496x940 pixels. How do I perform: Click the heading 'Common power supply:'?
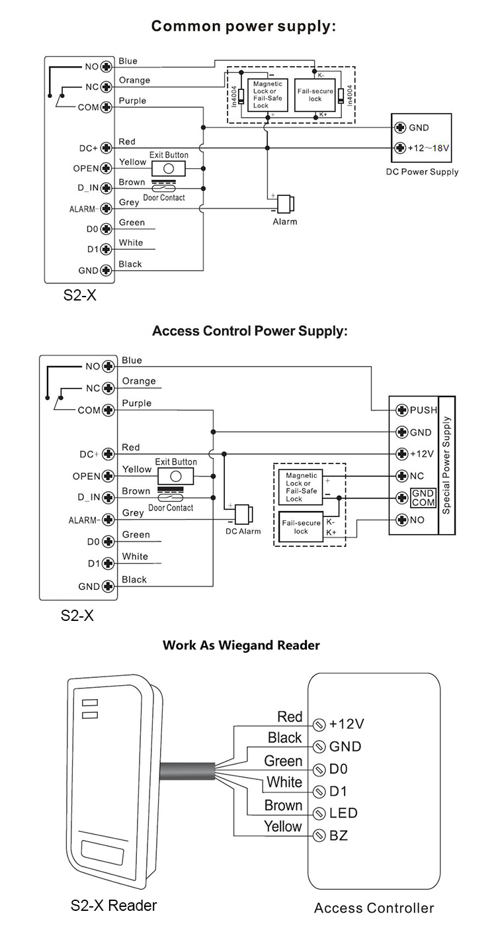click(244, 26)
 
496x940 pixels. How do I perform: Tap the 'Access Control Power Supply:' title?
click(249, 331)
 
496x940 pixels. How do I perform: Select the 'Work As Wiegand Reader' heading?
click(241, 644)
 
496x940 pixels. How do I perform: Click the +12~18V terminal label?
click(429, 148)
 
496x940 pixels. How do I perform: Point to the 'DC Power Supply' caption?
click(422, 171)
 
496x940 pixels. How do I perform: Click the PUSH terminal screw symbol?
click(400, 410)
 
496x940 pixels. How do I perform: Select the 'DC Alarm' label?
click(243, 531)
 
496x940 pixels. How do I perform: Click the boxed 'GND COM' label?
click(423, 498)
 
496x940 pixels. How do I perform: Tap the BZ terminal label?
click(338, 835)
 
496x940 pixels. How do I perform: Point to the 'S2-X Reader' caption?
click(114, 905)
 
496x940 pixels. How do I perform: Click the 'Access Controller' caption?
click(374, 908)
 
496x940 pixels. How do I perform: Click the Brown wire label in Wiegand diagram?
click(283, 806)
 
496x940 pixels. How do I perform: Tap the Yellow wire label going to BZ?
click(282, 826)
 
